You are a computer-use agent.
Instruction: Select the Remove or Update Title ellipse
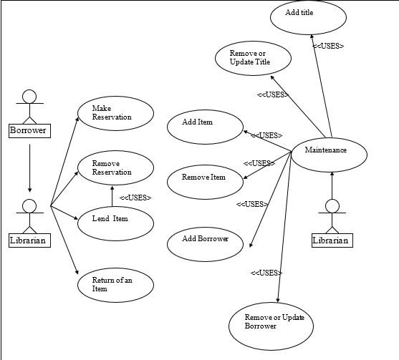coord(254,59)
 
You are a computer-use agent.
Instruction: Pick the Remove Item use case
coord(206,179)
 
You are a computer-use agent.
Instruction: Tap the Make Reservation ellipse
coord(115,113)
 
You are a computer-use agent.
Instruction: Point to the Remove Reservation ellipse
coord(115,168)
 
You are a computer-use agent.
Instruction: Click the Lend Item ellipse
coord(115,220)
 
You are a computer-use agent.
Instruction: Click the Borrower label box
coord(29,130)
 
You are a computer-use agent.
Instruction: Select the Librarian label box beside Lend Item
coord(29,240)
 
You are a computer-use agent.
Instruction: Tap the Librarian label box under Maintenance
coord(332,240)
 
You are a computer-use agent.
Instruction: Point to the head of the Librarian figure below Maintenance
coord(332,206)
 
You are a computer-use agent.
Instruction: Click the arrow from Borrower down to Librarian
coord(29,168)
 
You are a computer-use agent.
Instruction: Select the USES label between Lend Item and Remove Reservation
coord(135,198)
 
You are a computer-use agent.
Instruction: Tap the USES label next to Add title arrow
coord(328,47)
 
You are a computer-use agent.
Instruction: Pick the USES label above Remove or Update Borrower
coord(266,273)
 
